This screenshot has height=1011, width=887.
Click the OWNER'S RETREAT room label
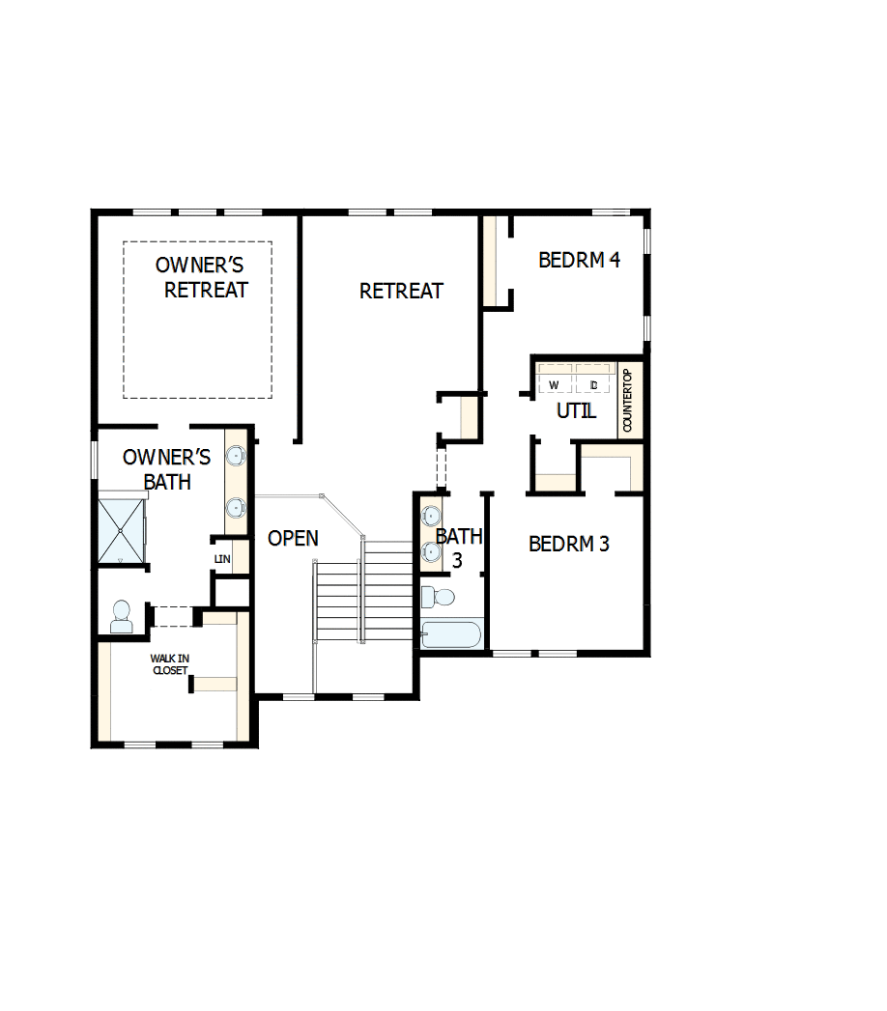click(201, 276)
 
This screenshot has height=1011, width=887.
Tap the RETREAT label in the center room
click(401, 291)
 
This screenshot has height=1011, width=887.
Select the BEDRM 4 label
click(579, 260)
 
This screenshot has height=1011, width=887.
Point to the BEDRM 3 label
click(569, 544)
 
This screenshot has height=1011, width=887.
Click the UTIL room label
click(576, 410)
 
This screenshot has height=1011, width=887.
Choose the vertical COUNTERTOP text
click(626, 400)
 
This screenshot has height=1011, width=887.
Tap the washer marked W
click(555, 385)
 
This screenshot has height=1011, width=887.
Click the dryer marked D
click(594, 385)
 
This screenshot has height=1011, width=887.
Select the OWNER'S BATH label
click(167, 468)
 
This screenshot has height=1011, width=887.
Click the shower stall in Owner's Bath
click(121, 530)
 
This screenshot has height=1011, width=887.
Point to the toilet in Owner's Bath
click(122, 616)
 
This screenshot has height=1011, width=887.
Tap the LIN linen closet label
click(222, 559)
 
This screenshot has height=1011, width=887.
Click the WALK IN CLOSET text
click(169, 664)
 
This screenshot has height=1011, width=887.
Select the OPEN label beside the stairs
click(293, 539)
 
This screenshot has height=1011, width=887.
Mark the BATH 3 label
click(453, 547)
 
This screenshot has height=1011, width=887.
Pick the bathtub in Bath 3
click(450, 635)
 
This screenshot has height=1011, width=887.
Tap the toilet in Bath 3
click(439, 596)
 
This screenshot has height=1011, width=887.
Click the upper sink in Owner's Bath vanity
click(236, 455)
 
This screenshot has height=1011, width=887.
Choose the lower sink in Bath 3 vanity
click(430, 551)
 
